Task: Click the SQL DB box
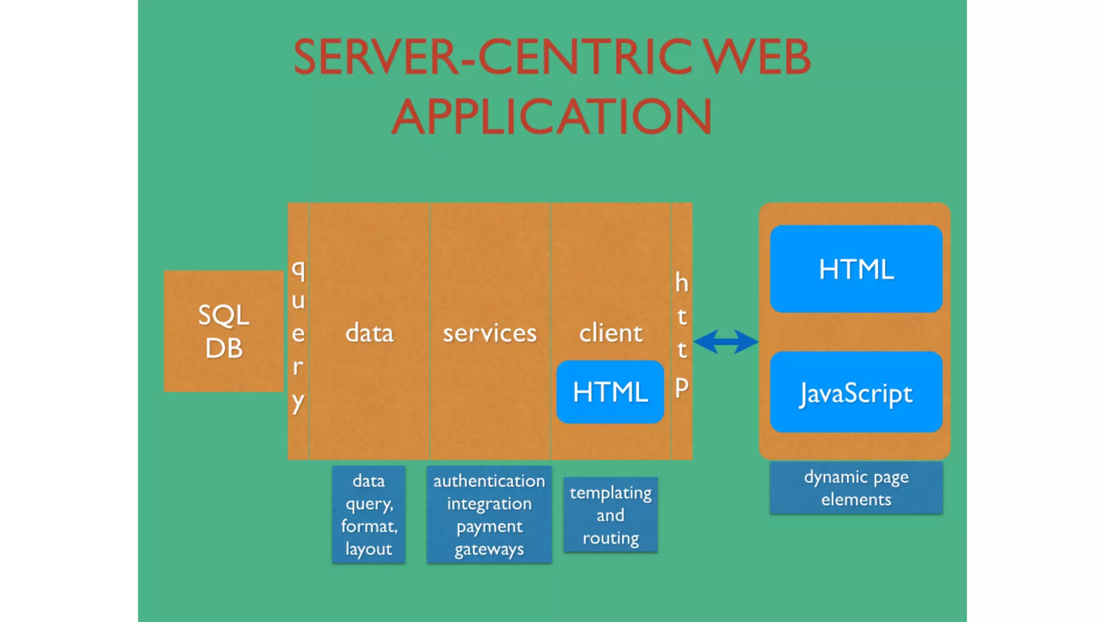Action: pyautogui.click(x=223, y=331)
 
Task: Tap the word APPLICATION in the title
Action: pyautogui.click(x=551, y=117)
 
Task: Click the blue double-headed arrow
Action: pyautogui.click(x=726, y=342)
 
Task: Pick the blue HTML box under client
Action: pyautogui.click(x=610, y=392)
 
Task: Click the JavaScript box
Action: pyautogui.click(x=856, y=393)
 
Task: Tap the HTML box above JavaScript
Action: pyautogui.click(x=856, y=269)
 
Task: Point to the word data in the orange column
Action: pyautogui.click(x=369, y=333)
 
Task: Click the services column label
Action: pyautogui.click(x=490, y=333)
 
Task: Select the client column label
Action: pyautogui.click(x=611, y=333)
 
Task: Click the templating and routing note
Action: pyautogui.click(x=610, y=515)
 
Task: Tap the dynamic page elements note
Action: pyautogui.click(x=856, y=488)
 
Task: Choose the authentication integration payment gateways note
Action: pyautogui.click(x=489, y=515)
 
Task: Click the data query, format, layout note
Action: pyautogui.click(x=369, y=515)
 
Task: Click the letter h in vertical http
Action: pyautogui.click(x=681, y=282)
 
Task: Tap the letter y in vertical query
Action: pyautogui.click(x=298, y=402)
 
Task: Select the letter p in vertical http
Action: pyautogui.click(x=681, y=388)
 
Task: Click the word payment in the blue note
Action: pyautogui.click(x=489, y=526)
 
